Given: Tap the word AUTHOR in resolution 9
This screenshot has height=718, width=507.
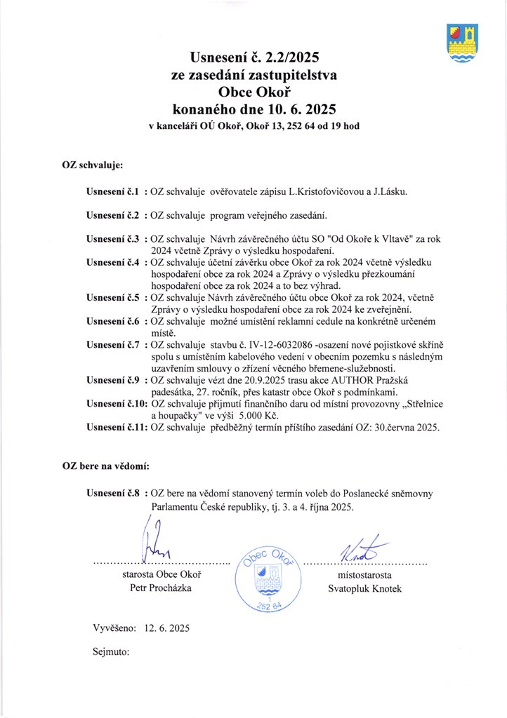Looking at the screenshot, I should click(337, 379).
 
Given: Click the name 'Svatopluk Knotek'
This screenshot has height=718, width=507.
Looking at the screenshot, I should click(364, 588).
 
